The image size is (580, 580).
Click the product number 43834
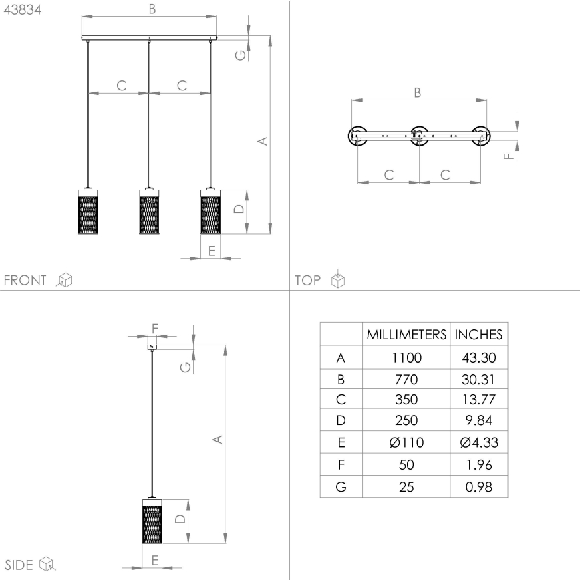click(23, 9)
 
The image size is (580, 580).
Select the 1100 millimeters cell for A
click(406, 357)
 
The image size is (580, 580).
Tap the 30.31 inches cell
click(478, 379)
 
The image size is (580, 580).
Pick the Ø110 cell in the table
click(406, 442)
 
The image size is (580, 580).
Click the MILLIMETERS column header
click(406, 334)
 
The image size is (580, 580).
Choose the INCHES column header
click(478, 334)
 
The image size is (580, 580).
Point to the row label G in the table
click(341, 486)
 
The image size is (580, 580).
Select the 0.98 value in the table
click(478, 486)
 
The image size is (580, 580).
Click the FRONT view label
click(25, 280)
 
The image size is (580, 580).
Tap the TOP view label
click(308, 280)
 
